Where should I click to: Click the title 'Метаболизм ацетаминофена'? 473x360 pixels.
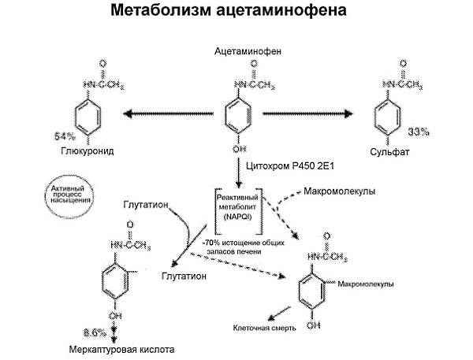236,13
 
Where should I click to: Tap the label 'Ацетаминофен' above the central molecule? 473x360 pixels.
248,51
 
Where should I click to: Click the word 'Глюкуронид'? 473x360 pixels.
80,149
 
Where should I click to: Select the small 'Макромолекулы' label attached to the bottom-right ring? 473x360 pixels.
365,281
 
